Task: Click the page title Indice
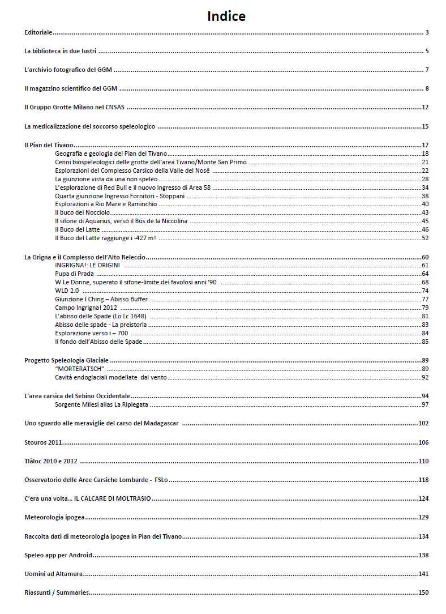(226, 16)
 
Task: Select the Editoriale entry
(38, 32)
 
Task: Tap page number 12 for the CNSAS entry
(425, 107)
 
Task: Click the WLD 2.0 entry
(67, 291)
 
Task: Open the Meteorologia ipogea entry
(54, 517)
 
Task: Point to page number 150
(423, 592)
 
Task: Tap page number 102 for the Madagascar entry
(423, 423)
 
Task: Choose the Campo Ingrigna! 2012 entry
(86, 308)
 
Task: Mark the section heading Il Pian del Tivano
(49, 145)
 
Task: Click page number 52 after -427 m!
(425, 238)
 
